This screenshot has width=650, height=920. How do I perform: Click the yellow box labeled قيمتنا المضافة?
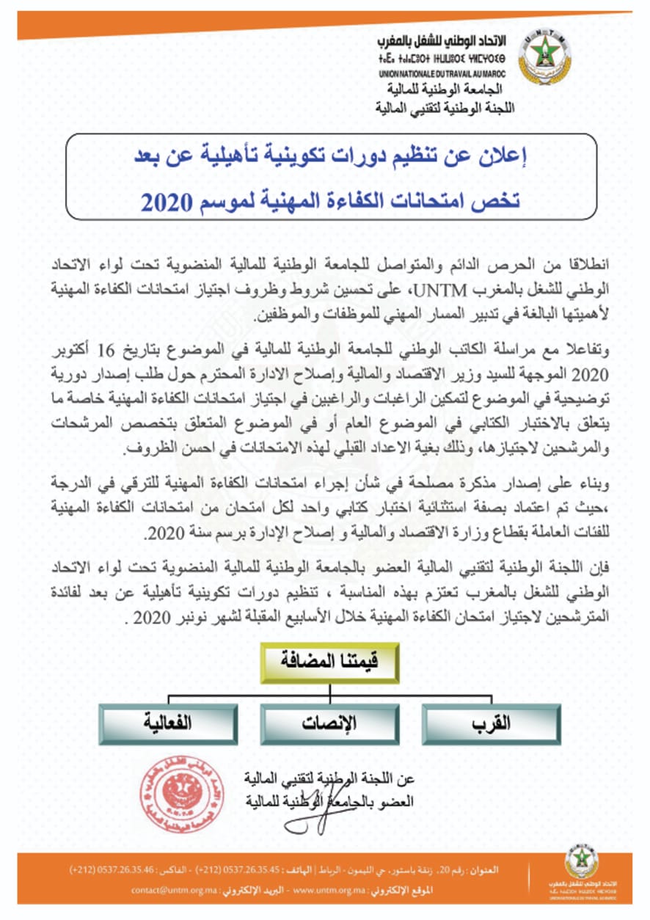[329, 662]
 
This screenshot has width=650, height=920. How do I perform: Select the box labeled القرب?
[494, 723]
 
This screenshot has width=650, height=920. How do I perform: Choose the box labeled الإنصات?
[329, 723]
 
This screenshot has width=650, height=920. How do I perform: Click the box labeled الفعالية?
[168, 723]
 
